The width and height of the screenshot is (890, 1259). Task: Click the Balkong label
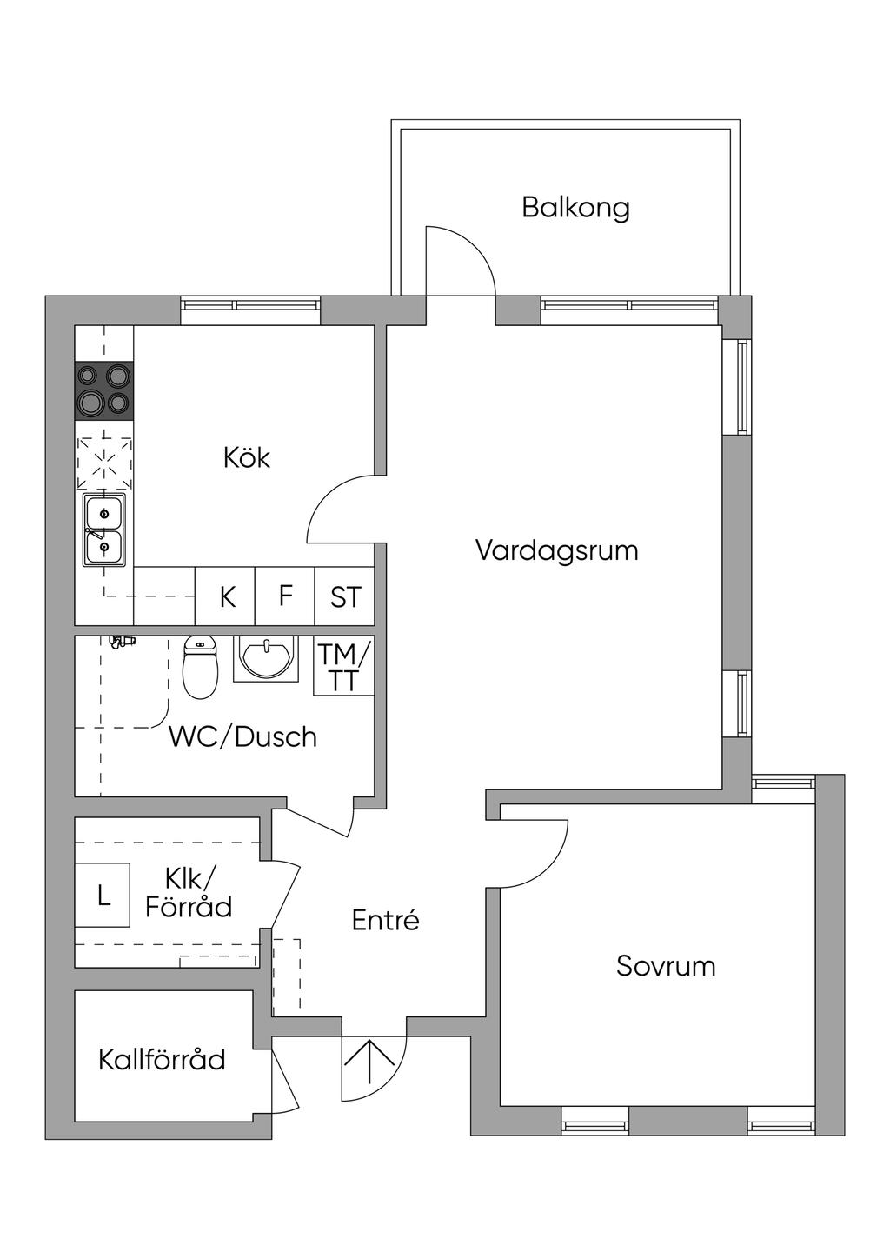click(x=575, y=208)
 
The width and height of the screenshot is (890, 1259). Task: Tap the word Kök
click(x=247, y=457)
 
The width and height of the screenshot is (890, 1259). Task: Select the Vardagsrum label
click(x=556, y=550)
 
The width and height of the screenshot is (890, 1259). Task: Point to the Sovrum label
click(x=666, y=966)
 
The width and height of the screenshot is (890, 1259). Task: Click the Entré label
click(x=385, y=920)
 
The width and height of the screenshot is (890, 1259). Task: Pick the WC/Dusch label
click(x=242, y=737)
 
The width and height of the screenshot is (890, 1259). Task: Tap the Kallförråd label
click(x=162, y=1060)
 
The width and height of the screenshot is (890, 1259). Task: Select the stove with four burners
click(x=104, y=390)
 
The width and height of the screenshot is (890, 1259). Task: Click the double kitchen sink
click(x=104, y=530)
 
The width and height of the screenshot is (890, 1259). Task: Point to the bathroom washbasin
click(x=265, y=658)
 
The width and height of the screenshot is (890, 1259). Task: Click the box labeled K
click(x=227, y=597)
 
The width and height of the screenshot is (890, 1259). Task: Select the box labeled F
click(x=285, y=596)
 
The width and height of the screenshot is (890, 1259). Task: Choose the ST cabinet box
click(x=345, y=597)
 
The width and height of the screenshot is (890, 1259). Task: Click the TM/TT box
click(x=344, y=667)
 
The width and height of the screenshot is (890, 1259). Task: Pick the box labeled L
click(x=103, y=895)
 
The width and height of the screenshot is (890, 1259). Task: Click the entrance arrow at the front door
click(x=373, y=1062)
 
